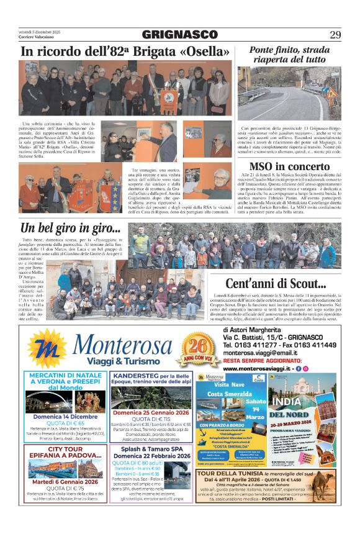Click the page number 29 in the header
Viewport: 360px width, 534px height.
(335, 35)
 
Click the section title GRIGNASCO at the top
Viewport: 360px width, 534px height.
(179, 35)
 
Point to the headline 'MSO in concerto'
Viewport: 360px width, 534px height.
(289, 166)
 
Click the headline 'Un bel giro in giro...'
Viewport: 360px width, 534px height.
(70, 227)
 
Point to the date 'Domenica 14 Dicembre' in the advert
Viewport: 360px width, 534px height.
(65, 417)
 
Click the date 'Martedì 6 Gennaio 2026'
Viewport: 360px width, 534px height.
(65, 481)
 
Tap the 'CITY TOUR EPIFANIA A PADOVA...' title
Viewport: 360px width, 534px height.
(65, 453)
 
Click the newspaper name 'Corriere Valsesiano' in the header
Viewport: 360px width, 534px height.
(37, 39)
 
